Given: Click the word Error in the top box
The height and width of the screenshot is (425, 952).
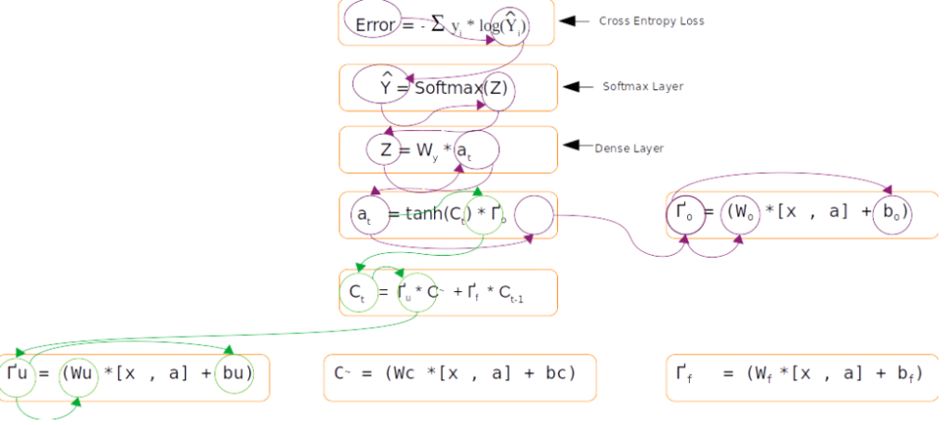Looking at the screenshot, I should (x=376, y=25).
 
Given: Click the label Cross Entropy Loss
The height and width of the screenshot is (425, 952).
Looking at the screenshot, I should (x=651, y=20).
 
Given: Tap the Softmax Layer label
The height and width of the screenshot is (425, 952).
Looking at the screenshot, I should (x=642, y=86).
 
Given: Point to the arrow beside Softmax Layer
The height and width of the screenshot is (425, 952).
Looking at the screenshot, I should (x=578, y=86).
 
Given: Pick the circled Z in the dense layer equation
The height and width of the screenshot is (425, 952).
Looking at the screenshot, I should (x=384, y=150).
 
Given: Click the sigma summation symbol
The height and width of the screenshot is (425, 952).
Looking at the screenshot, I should (x=437, y=26).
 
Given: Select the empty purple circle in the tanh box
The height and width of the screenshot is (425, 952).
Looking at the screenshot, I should (x=533, y=216).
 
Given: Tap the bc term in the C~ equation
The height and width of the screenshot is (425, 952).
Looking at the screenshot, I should (x=555, y=374).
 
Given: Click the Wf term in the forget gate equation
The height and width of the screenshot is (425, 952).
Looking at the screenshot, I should (x=760, y=374).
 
